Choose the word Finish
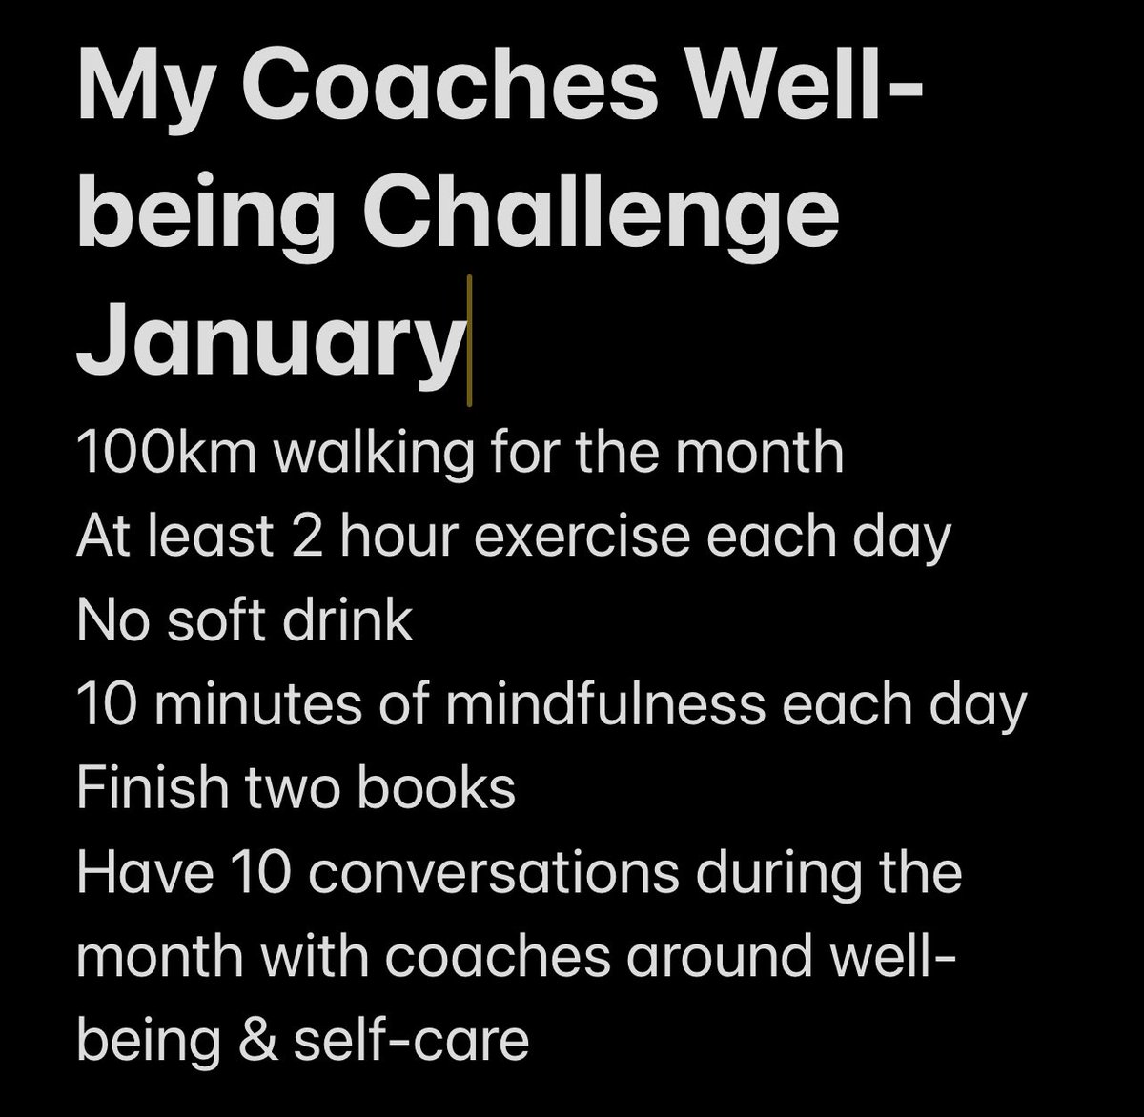click(153, 787)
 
